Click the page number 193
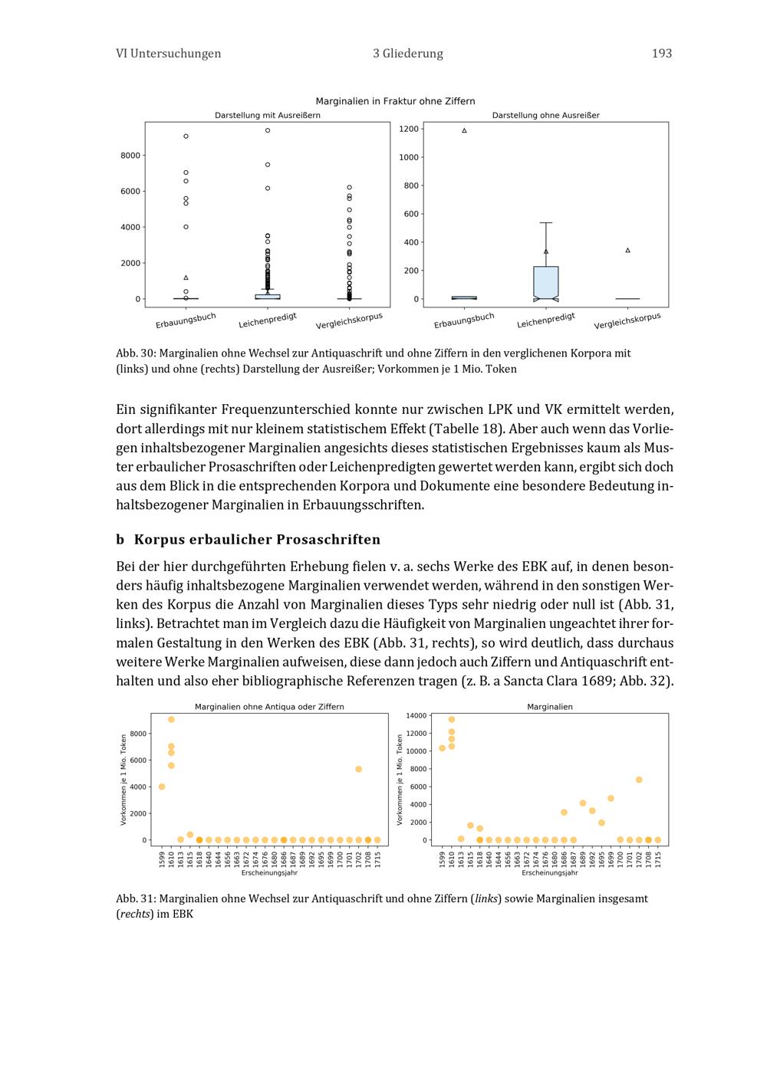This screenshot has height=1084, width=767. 661,54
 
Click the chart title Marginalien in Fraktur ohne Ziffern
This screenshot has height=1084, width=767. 395,101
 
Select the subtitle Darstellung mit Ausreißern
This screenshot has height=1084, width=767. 267,116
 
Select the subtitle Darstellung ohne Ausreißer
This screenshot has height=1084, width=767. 545,116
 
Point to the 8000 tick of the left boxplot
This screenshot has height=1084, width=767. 130,156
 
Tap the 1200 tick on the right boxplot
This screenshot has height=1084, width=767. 409,129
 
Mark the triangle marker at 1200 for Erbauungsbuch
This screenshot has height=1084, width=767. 464,131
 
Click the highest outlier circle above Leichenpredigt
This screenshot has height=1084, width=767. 268,130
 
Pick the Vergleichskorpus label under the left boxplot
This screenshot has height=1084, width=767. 349,320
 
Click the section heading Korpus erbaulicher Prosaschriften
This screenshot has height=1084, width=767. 257,540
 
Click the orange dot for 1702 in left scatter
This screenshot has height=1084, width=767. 358,769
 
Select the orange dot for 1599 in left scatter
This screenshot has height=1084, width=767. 162,787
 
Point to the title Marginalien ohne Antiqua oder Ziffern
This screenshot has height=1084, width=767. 269,707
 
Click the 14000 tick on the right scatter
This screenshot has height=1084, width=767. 416,716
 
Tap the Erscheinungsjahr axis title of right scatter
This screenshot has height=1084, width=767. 549,873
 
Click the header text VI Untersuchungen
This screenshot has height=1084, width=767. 168,54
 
